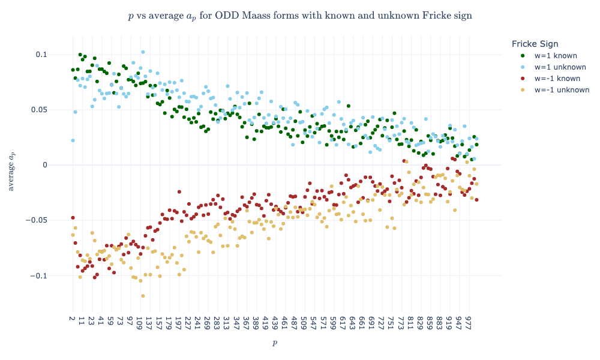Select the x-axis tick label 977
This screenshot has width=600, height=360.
pos(468,323)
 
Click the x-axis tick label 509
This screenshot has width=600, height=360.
pos(304,323)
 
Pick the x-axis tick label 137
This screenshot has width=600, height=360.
pos(148,323)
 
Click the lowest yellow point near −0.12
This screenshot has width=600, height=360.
pos(143,296)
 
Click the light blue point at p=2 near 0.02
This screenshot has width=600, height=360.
pos(73,140)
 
